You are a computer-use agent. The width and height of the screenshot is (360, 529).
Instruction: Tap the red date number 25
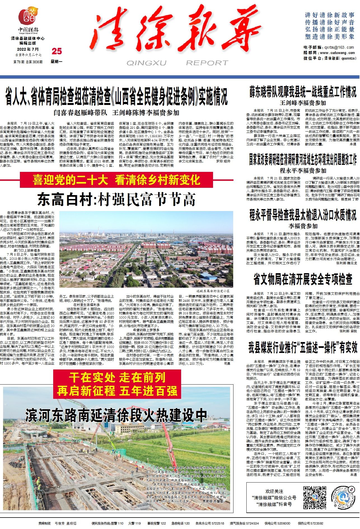(57, 51)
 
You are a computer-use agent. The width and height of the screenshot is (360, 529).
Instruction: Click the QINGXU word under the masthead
(146, 63)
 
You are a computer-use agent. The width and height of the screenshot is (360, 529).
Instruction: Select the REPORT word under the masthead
(207, 63)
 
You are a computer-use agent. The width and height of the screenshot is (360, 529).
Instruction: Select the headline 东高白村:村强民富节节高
(116, 200)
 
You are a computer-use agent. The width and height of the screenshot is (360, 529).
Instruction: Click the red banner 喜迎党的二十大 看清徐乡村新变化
(116, 180)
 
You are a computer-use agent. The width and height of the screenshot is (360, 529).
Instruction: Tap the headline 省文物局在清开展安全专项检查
(303, 279)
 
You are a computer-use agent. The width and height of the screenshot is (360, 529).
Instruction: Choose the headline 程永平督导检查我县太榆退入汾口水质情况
(303, 215)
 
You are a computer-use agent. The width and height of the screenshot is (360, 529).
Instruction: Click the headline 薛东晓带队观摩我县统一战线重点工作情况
(303, 92)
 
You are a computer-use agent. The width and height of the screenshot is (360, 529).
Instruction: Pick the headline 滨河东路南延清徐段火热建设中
(116, 415)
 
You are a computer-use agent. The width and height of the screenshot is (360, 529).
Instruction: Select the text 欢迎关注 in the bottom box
(274, 491)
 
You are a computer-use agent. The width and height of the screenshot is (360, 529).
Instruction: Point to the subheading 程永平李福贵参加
(303, 170)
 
